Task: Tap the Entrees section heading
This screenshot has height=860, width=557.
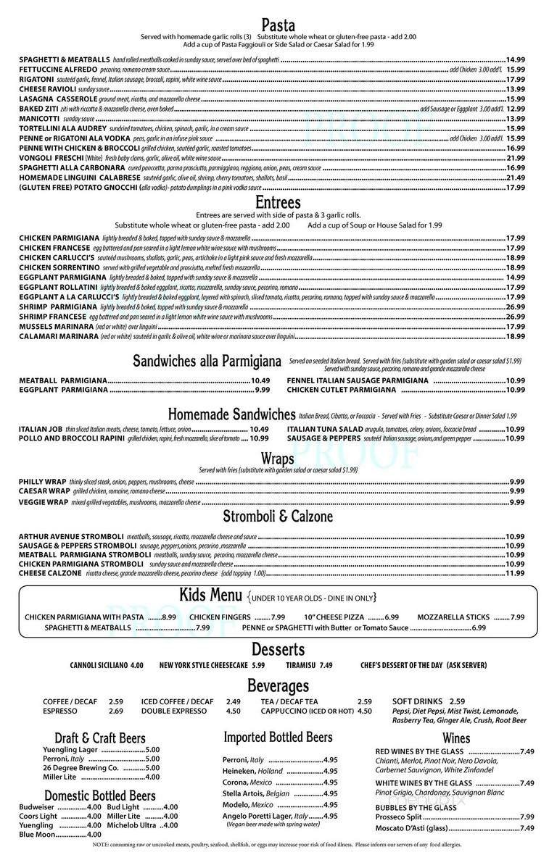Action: pos(278,202)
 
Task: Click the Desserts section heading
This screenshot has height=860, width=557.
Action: pos(278,648)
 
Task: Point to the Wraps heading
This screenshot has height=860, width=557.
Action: pos(278,458)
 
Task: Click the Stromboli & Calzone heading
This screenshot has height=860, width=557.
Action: pos(278,517)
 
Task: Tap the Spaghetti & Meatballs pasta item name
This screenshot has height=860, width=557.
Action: pos(65,59)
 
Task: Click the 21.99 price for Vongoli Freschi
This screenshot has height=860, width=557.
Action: pos(515,158)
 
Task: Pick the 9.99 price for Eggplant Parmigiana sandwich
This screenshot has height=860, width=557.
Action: pos(263,390)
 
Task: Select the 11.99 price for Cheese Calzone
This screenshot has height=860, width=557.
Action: pos(515,573)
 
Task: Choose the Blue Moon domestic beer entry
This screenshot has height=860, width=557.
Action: pos(36,834)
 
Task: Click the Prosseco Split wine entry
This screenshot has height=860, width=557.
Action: pos(399,817)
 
